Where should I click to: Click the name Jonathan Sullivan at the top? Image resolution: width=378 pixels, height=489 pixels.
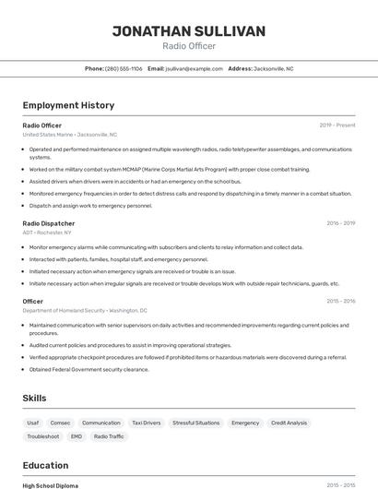189,31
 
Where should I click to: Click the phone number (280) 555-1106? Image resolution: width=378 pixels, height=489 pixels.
124,68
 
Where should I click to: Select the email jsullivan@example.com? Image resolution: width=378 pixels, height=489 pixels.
194,68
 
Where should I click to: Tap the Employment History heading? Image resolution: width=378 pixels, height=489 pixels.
68,106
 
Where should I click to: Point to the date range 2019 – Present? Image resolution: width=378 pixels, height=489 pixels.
337,125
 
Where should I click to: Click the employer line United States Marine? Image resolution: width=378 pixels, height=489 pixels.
70,135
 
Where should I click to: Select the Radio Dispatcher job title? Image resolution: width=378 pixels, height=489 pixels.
49,223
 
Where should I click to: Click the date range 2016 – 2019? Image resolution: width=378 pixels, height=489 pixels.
340,223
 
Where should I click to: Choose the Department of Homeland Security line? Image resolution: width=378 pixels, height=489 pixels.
85,311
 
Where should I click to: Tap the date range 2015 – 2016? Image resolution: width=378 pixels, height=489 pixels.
340,302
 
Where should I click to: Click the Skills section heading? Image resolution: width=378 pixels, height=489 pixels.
35,398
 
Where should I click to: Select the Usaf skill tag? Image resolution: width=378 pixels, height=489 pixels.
33,423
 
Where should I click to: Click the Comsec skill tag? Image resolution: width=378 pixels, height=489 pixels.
60,423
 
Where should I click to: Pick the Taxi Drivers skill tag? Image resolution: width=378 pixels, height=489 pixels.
146,423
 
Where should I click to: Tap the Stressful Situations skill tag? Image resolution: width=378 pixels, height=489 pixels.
195,423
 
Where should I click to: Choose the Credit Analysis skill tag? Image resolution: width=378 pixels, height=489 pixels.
289,423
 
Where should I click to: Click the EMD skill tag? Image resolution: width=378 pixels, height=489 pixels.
77,436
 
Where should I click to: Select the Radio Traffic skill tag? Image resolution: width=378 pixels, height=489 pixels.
109,436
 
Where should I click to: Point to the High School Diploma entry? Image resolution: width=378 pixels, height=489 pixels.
51,485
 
